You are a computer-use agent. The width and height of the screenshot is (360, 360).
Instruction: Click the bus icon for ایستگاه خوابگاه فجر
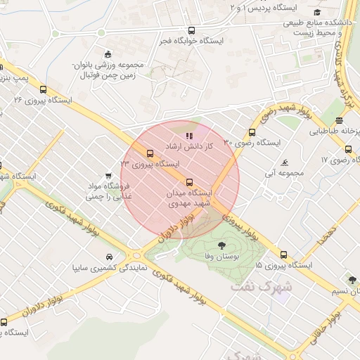pyautogui.click(x=191, y=31)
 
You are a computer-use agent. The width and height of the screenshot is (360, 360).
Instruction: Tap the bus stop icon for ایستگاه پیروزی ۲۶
pyautogui.click(x=44, y=89)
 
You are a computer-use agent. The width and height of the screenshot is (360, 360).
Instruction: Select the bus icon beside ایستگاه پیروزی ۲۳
pyautogui.click(x=149, y=153)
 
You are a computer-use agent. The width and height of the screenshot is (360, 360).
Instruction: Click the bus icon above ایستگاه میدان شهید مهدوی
pyautogui.click(x=188, y=183)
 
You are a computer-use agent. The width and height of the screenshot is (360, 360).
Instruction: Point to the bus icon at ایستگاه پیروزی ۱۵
pyautogui.click(x=283, y=255)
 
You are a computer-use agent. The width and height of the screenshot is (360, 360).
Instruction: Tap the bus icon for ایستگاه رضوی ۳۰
pyautogui.click(x=252, y=132)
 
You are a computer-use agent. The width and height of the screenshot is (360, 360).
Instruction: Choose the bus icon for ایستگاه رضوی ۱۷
pyautogui.click(x=349, y=149)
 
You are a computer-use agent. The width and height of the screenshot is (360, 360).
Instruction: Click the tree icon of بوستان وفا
pyautogui.click(x=222, y=245)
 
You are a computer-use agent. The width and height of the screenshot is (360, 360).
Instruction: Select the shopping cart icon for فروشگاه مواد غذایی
pyautogui.click(x=108, y=176)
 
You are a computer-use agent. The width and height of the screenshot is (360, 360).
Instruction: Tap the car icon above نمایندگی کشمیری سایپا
pyautogui.click(x=109, y=257)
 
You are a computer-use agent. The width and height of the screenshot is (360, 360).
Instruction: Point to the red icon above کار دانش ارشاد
pyautogui.click(x=188, y=135)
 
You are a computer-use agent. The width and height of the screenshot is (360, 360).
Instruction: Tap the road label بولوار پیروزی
pyautogui.click(x=243, y=229)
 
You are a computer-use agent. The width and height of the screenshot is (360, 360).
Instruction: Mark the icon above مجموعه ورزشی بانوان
pyautogui.click(x=107, y=54)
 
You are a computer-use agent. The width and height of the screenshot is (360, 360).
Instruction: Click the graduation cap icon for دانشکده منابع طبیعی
pyautogui.click(x=317, y=12)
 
